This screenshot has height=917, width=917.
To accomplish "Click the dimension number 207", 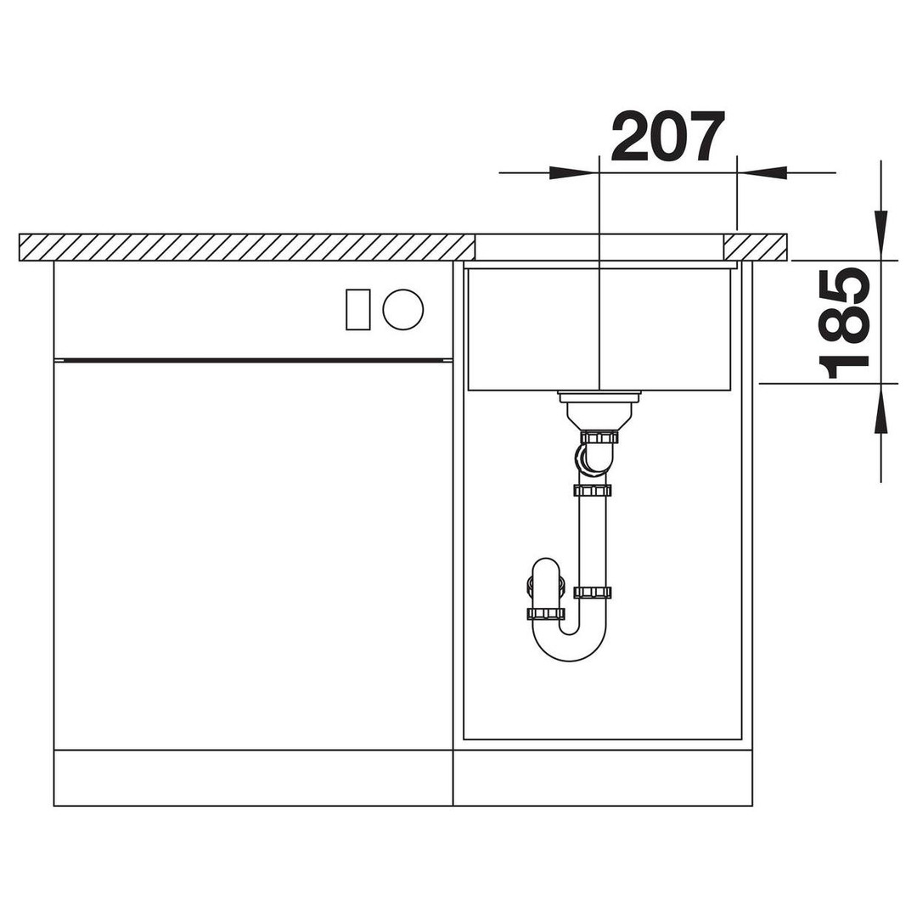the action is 667,136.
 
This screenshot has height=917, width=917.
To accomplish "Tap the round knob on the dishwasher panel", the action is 403,309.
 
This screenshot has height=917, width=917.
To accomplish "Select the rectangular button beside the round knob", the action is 358,309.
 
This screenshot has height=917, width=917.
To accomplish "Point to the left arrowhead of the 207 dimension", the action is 574,172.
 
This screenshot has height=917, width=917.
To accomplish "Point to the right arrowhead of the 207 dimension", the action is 762,172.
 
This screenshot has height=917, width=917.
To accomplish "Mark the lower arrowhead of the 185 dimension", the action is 880,408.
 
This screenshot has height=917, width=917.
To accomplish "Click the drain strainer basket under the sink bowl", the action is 599,410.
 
